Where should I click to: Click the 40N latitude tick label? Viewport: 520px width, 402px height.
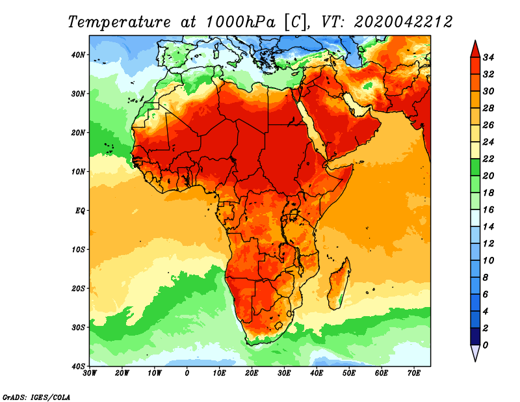[78, 55]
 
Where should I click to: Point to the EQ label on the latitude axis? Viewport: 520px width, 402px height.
[79, 211]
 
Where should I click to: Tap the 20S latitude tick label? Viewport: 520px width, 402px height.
[78, 288]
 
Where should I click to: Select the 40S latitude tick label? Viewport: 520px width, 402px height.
[78, 366]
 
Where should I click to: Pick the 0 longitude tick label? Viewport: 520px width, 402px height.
[187, 373]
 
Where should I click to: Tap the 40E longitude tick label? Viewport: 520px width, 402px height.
[317, 373]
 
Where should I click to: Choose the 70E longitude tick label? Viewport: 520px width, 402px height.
[414, 373]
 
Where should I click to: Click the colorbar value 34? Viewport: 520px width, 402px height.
[489, 57]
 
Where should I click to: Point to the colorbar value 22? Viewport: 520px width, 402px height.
[489, 159]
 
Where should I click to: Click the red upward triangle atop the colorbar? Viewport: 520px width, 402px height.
[474, 49]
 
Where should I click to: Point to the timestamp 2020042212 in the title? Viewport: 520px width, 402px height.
[403, 21]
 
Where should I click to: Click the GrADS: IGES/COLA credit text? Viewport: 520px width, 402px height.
[36, 396]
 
